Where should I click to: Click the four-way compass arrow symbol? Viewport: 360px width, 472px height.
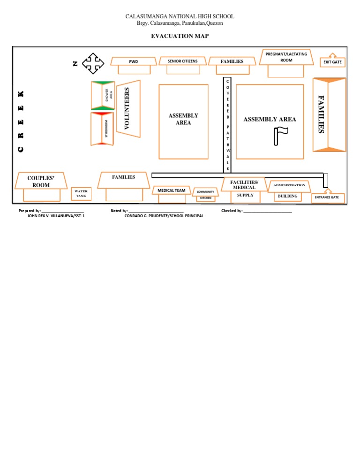pos(93,63)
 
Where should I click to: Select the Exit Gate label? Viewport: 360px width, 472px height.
pos(332,62)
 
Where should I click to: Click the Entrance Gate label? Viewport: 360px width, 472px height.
pos(327,198)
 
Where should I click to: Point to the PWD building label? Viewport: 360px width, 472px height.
pos(134,61)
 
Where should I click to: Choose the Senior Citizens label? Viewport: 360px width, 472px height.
pos(182,61)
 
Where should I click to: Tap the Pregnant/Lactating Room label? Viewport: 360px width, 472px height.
pos(286,57)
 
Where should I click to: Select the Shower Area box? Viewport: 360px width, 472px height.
pos(103,96)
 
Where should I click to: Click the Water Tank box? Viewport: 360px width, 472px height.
pos(81,194)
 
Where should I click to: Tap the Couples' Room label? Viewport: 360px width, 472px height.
pos(41,182)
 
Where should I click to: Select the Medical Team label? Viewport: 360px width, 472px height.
pos(171,190)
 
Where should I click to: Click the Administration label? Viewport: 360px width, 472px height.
pos(289,185)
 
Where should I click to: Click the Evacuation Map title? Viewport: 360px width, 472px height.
pos(180,36)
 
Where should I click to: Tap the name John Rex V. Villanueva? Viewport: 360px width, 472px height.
pos(57,216)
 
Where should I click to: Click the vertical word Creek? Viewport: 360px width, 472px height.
pos(21,121)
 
